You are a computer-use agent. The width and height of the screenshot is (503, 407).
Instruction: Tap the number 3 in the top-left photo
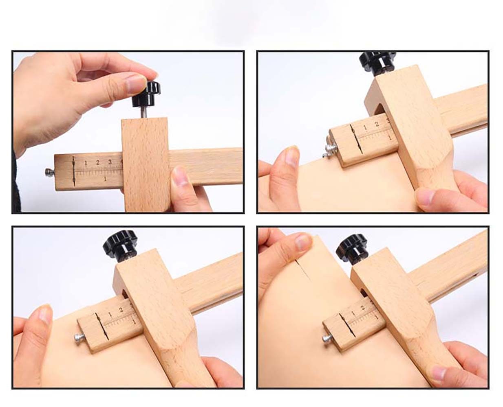[x=110, y=162]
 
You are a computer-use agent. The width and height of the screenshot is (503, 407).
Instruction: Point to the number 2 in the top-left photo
[x=98, y=162]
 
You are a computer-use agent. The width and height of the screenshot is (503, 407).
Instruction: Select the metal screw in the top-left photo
[x=49, y=173]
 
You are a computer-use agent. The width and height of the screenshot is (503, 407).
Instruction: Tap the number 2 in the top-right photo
[x=377, y=124]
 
